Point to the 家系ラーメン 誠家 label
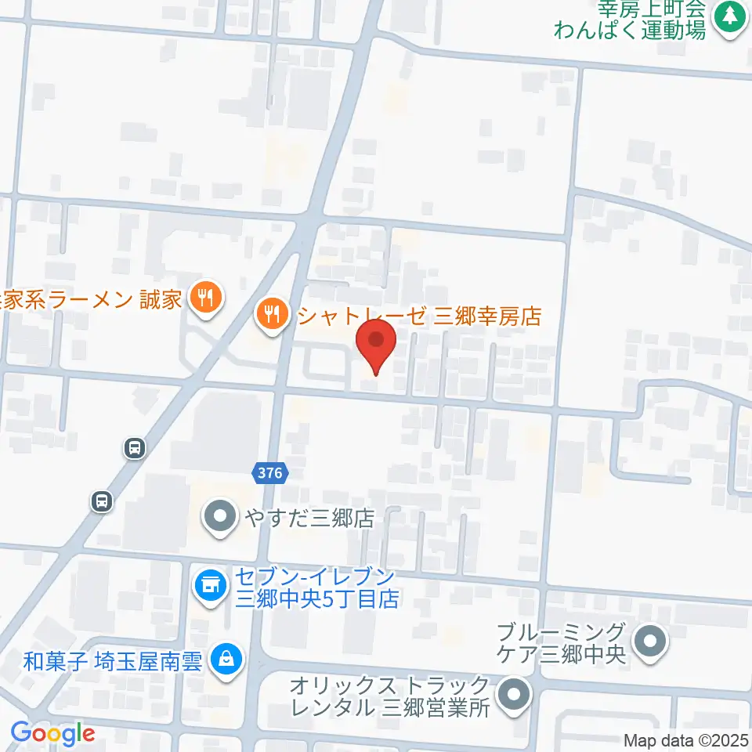[x=92, y=298]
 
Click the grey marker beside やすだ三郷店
[x=219, y=516]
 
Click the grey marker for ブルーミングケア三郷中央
[x=649, y=642]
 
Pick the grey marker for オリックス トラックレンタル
[x=514, y=695]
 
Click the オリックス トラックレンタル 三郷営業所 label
[x=389, y=696]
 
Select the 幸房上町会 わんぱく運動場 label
[x=631, y=20]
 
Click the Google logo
[x=52, y=734]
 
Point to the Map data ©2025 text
[x=685, y=739]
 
